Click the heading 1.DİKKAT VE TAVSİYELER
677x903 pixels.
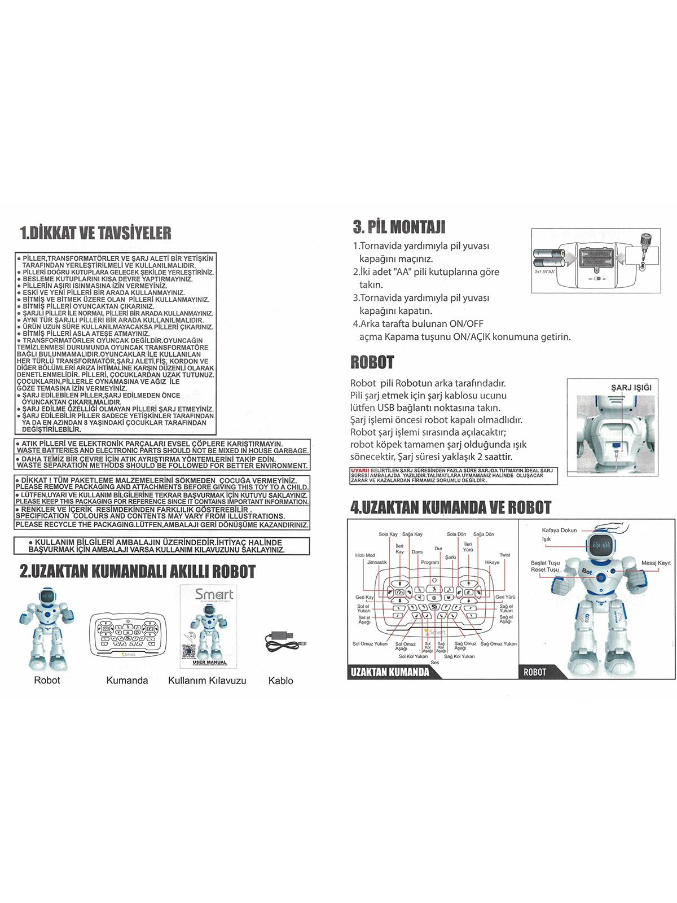[95, 233]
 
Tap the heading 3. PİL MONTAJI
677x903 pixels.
[399, 227]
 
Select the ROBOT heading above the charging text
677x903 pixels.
[372, 362]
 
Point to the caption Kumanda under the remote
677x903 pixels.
[127, 681]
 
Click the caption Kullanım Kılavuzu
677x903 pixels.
[207, 681]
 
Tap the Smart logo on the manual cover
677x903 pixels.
[214, 594]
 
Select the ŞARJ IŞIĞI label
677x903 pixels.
[631, 387]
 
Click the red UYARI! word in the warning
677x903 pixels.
[359, 470]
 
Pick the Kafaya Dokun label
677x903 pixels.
[559, 531]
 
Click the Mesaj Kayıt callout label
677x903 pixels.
[656, 563]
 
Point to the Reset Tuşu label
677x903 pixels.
[544, 570]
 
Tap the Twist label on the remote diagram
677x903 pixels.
[504, 555]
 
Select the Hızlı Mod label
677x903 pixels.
[365, 555]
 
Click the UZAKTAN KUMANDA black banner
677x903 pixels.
[390, 672]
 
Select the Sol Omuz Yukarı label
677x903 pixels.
[370, 644]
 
